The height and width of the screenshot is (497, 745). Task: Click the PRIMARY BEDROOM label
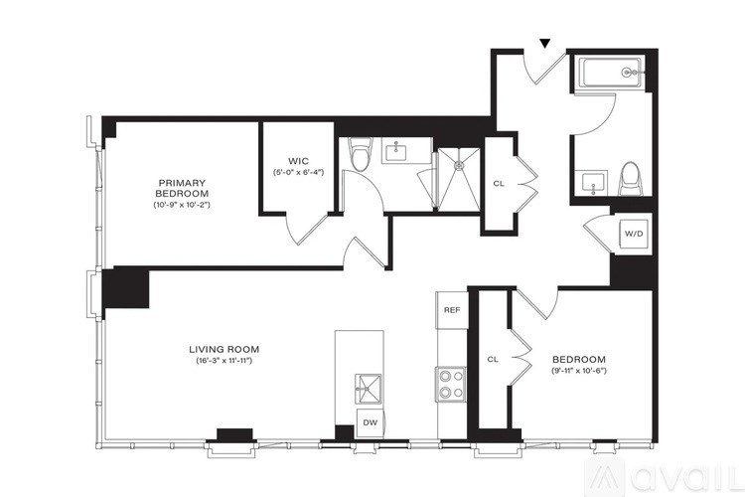click(181, 188)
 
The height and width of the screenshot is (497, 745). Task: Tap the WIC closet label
click(300, 160)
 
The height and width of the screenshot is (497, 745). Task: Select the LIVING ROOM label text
click(224, 349)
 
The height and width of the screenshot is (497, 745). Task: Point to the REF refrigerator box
click(452, 310)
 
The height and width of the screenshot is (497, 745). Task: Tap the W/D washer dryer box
click(633, 234)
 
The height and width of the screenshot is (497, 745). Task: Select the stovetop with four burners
click(451, 384)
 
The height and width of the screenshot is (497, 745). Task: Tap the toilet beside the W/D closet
click(630, 178)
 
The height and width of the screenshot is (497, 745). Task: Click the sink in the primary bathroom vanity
click(400, 151)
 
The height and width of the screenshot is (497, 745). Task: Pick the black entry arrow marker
click(543, 43)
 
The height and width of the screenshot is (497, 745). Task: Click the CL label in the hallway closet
click(499, 184)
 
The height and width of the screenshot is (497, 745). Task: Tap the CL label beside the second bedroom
click(492, 359)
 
